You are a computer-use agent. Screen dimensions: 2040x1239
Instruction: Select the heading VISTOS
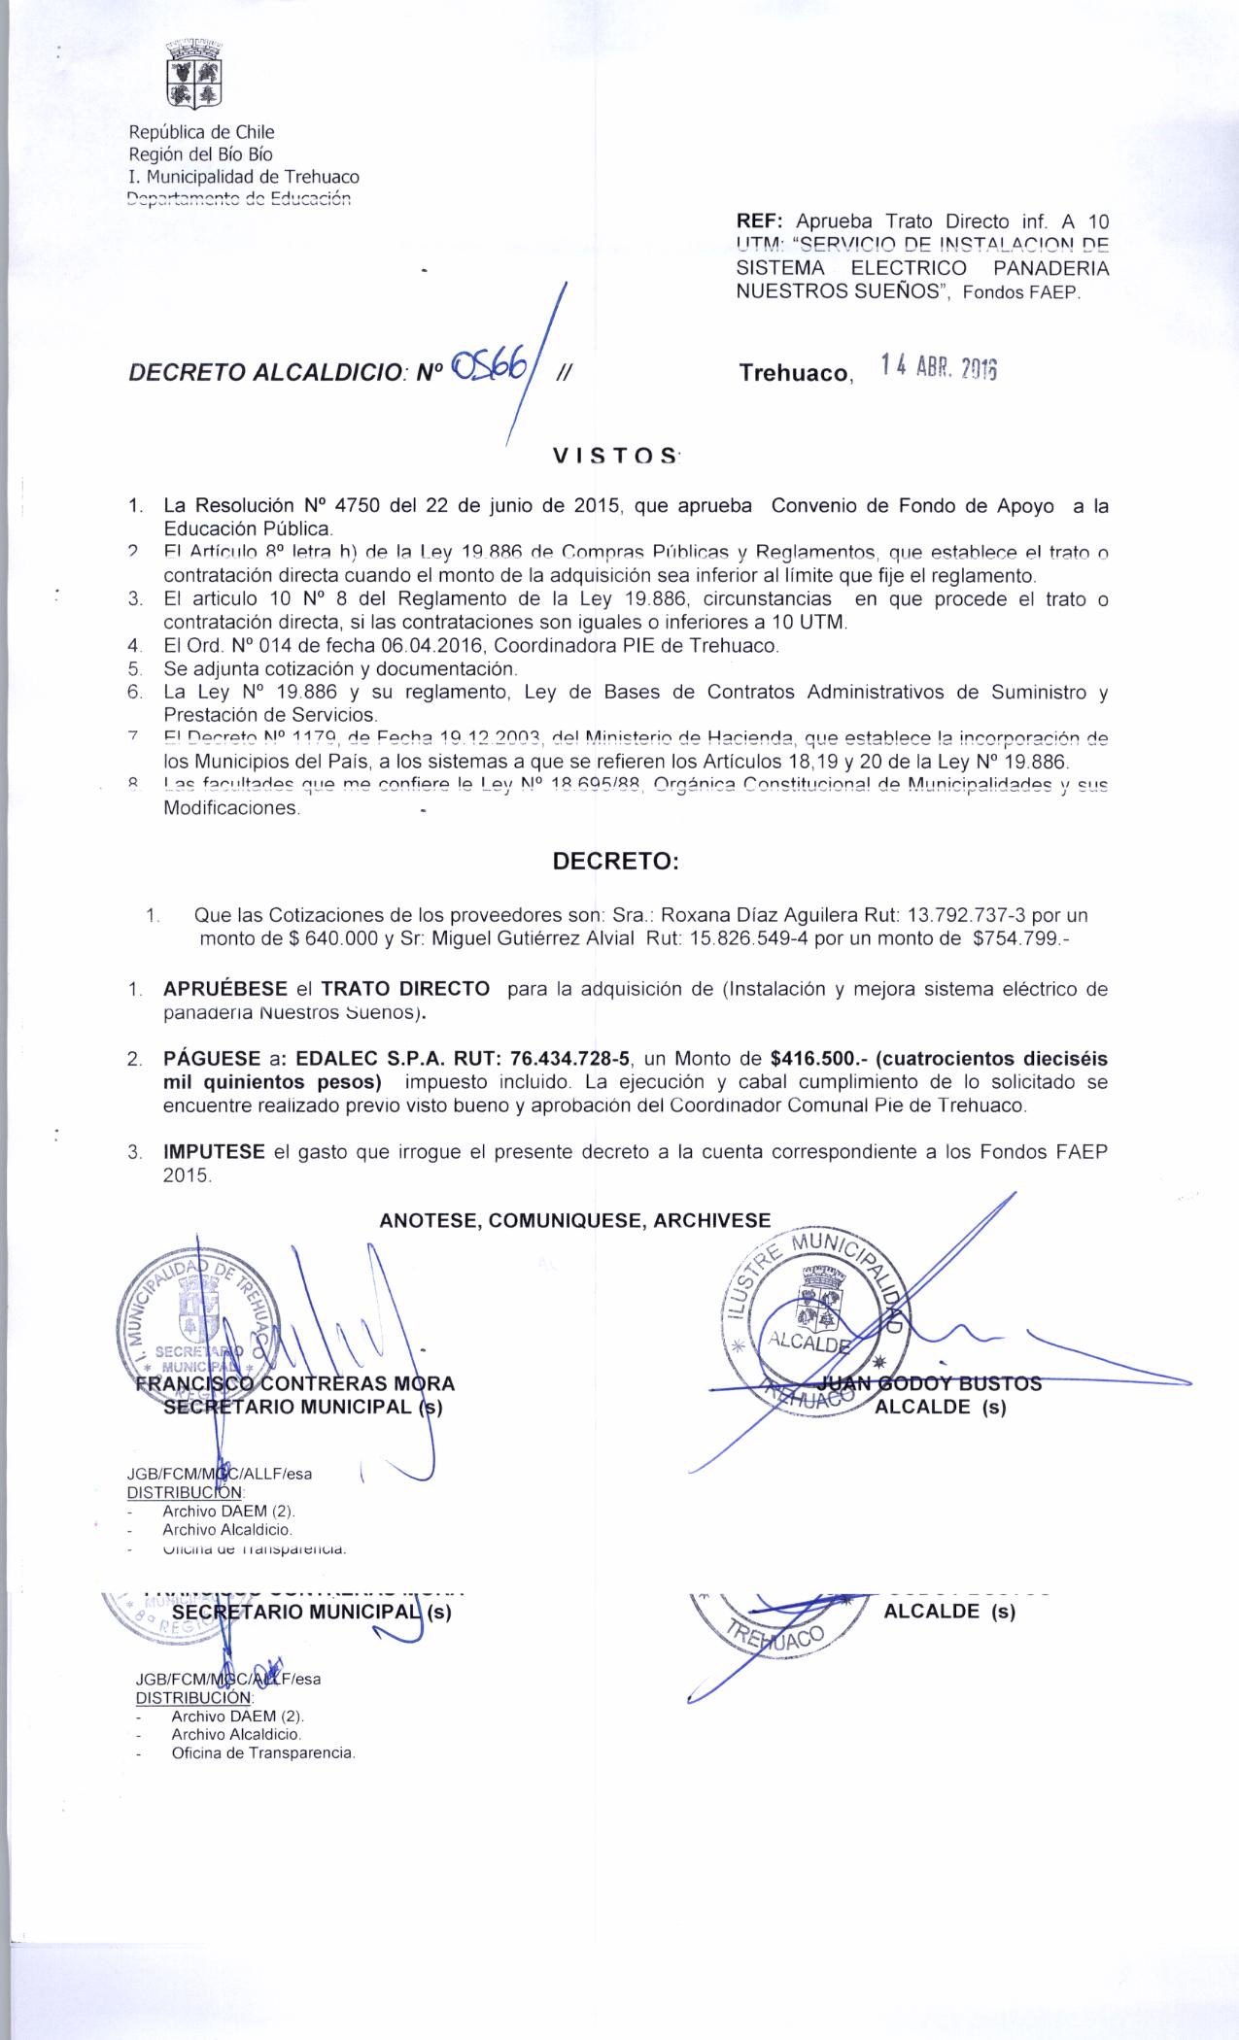click(x=615, y=456)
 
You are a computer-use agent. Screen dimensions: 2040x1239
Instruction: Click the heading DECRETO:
click(x=615, y=862)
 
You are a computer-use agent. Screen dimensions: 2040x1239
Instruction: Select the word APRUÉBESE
click(x=224, y=989)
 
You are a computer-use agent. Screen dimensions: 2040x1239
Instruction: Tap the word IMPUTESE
click(x=214, y=1152)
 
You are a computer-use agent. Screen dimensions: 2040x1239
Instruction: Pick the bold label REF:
click(x=759, y=221)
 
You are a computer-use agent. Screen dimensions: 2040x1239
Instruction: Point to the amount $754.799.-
click(x=1020, y=938)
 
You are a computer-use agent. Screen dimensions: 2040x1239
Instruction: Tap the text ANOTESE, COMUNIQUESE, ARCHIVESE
click(x=575, y=1221)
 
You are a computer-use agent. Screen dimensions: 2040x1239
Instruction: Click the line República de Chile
click(x=202, y=132)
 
